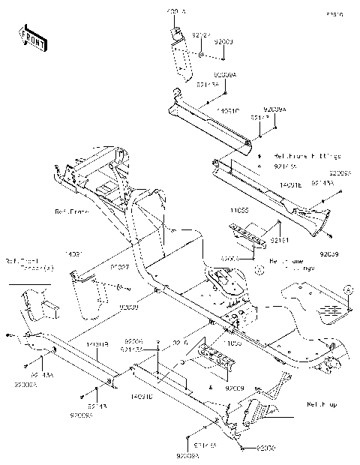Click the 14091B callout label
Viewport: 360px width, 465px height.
[x=97, y=344]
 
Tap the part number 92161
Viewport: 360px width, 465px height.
[x=280, y=240]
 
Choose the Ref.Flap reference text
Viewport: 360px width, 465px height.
[x=321, y=405]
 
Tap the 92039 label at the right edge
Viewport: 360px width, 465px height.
[x=328, y=255]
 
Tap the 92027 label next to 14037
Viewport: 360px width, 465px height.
[x=120, y=266]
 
